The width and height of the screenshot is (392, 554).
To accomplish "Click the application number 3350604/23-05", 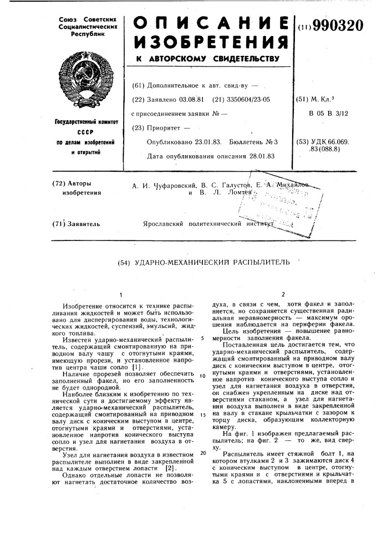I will [x=246, y=100].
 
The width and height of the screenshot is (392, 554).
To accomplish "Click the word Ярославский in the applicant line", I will [x=165, y=224].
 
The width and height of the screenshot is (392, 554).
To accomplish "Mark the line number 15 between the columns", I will [x=203, y=414].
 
